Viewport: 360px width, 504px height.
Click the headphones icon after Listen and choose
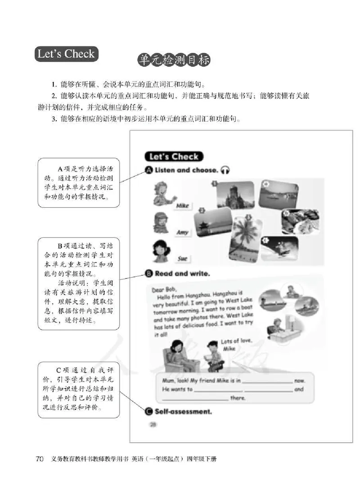pos(225,170)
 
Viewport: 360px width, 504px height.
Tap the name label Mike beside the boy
pos(182,206)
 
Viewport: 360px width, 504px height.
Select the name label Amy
pos(182,232)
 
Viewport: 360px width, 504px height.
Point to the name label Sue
pos(182,259)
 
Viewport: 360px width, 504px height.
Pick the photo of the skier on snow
pos(279,248)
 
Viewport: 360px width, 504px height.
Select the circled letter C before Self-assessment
pos(148,411)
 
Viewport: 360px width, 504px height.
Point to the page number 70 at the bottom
pos(40,459)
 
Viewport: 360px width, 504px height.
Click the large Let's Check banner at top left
pos(66,54)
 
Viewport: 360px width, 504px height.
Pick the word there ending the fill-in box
pos(238,398)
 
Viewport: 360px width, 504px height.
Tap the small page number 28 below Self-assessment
pos(153,424)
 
